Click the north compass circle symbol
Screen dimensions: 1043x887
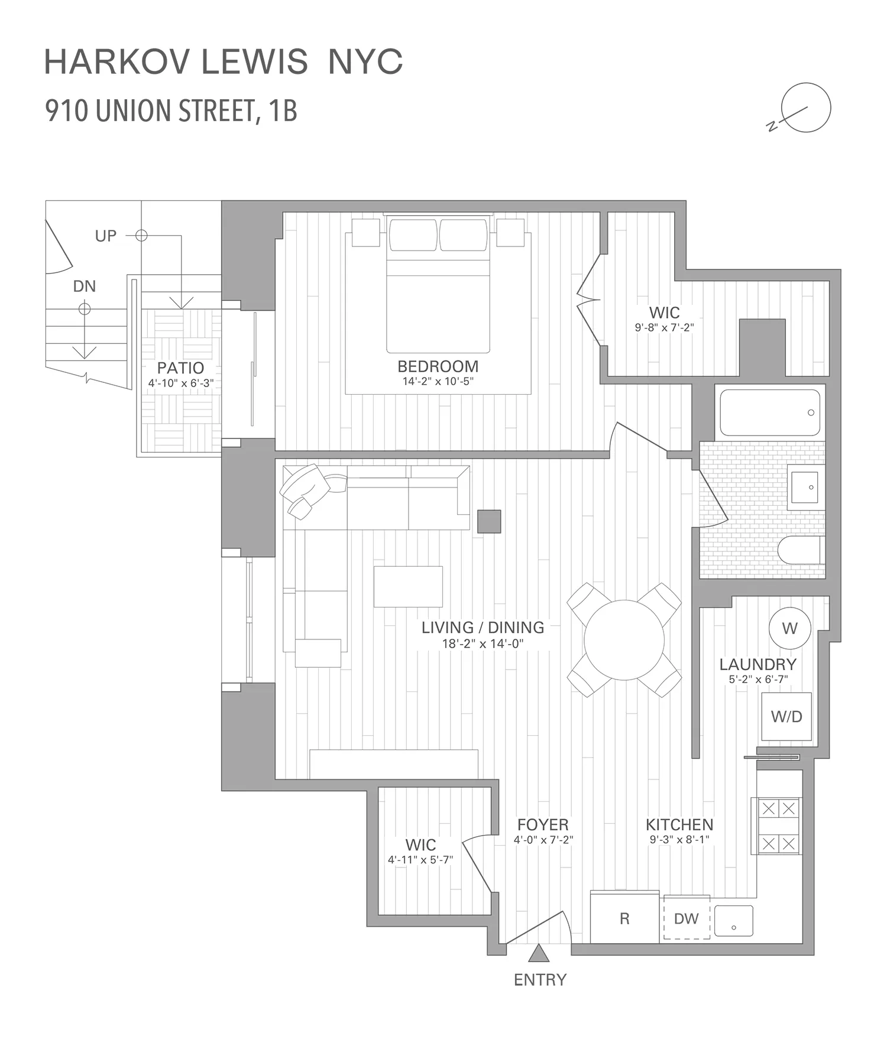tap(805, 108)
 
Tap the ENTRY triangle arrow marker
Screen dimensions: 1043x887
tap(538, 954)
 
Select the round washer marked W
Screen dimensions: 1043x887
tap(789, 628)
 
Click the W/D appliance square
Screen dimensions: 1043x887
tap(786, 716)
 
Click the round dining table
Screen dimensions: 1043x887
tap(624, 641)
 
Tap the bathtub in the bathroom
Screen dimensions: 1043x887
tap(769, 412)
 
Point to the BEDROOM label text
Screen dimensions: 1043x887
tap(438, 366)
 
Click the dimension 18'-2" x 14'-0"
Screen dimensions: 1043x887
tap(483, 644)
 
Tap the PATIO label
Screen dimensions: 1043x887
tap(180, 368)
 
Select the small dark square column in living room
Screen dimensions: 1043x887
tap(489, 521)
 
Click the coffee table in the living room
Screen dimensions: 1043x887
tap(408, 586)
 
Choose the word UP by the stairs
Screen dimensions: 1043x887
tap(106, 236)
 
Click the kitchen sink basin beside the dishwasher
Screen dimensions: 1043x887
tap(734, 921)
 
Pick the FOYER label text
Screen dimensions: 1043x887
tap(543, 824)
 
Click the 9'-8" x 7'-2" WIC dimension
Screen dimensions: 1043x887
tap(664, 327)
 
